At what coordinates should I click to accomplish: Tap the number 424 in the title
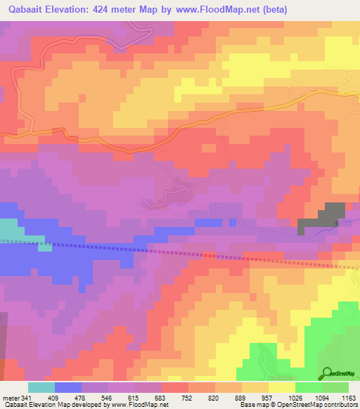(x=113, y=9)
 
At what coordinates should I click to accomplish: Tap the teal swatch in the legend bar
(x=41, y=387)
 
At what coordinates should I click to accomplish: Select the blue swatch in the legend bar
(x=68, y=387)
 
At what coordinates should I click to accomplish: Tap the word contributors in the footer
(x=340, y=404)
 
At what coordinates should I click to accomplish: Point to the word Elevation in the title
(x=74, y=9)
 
